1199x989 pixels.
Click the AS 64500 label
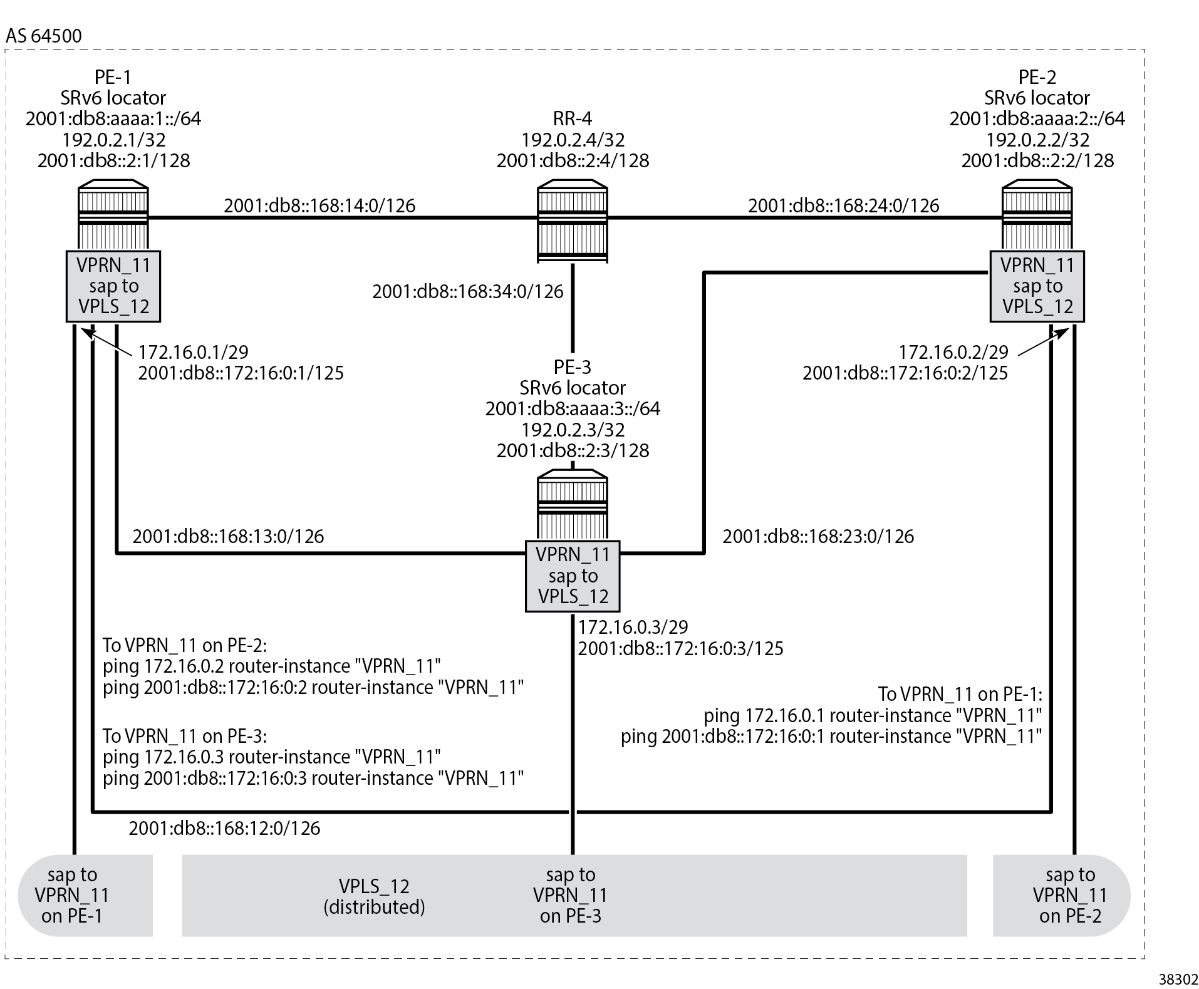click(x=43, y=36)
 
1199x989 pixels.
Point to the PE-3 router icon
click(x=572, y=506)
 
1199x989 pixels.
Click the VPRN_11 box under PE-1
click(x=113, y=286)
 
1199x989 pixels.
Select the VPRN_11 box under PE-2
click(x=1037, y=286)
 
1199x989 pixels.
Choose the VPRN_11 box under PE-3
click(x=572, y=576)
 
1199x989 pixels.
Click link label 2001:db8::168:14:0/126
click(x=319, y=205)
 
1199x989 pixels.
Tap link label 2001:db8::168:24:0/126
click(x=843, y=205)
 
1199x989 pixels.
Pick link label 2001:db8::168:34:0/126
click(x=467, y=291)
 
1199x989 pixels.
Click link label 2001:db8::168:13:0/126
click(x=228, y=536)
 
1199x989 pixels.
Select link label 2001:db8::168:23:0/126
click(x=817, y=536)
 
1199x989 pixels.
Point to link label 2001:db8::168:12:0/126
click(x=224, y=828)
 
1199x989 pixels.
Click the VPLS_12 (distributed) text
click(x=374, y=896)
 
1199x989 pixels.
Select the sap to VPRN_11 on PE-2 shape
click(x=1065, y=895)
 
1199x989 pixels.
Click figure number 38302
click(x=1178, y=979)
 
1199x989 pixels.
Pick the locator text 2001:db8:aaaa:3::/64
click(x=572, y=408)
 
